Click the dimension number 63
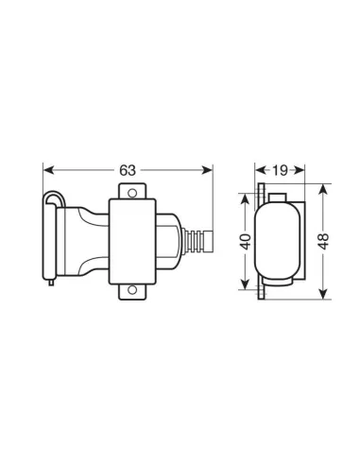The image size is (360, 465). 129,170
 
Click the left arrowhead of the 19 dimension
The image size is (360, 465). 261,170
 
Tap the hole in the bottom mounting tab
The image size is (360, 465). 132,289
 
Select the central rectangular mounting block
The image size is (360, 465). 132,240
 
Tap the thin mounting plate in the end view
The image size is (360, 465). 259,240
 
